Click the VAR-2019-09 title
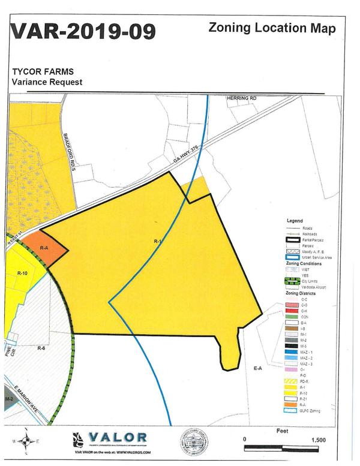[83, 31]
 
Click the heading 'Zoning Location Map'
[272, 28]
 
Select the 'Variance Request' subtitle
[47, 82]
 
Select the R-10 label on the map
[23, 273]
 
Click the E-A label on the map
[259, 368]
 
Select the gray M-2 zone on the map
[7, 400]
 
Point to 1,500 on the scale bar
[318, 440]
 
